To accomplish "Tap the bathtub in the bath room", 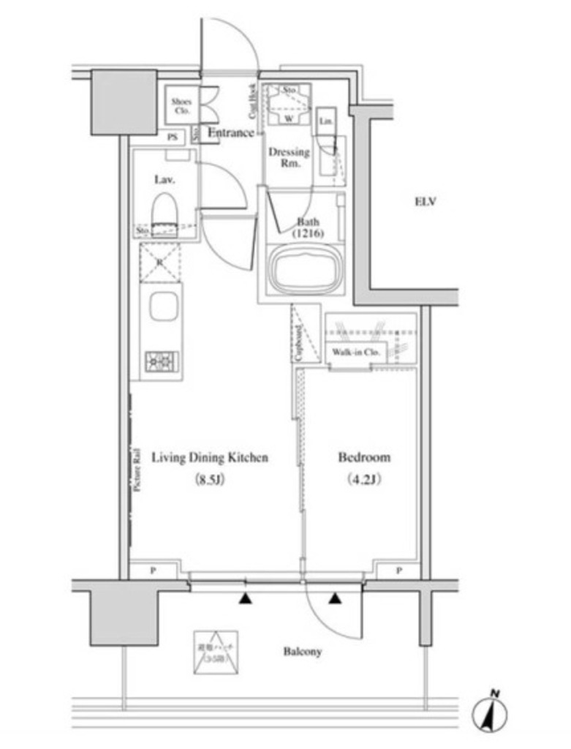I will click(x=305, y=268).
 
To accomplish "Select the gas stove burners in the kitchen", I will click(x=161, y=361).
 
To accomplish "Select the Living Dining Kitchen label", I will click(x=210, y=458).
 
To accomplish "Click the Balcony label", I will click(x=303, y=651).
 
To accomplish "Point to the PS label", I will click(x=173, y=137).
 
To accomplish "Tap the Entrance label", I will click(x=231, y=133).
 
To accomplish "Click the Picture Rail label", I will click(x=137, y=468).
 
